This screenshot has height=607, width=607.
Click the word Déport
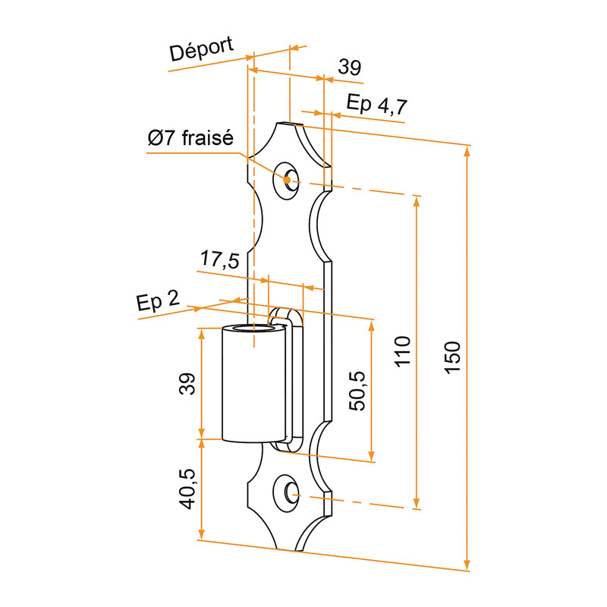click(201, 49)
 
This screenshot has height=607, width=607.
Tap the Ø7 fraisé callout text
click(190, 138)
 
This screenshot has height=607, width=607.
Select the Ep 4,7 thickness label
click(377, 104)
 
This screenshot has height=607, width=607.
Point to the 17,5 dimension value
click(220, 259)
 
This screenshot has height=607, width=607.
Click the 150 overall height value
click(452, 357)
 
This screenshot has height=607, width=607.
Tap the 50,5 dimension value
click(357, 391)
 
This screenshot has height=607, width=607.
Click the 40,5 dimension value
click(187, 489)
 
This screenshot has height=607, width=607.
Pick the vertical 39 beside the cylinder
click(187, 384)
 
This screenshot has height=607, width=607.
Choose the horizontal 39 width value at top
click(350, 67)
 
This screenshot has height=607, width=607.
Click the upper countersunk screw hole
click(287, 181)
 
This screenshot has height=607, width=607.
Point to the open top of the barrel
click(253, 329)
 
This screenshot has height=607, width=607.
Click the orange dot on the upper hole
click(287, 180)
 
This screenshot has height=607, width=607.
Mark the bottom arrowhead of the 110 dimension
click(417, 503)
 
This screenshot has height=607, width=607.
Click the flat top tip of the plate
click(290, 124)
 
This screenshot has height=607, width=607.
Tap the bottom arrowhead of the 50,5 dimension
click(371, 456)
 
